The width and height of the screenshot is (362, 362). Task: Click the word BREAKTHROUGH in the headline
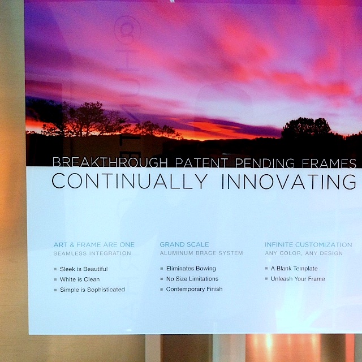[x=110, y=162]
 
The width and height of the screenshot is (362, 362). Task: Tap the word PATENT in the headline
[x=201, y=163]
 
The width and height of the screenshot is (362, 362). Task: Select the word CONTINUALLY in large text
[x=130, y=181]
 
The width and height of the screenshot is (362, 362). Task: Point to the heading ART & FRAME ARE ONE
[x=94, y=245]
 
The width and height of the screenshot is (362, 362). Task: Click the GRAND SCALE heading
[x=184, y=244]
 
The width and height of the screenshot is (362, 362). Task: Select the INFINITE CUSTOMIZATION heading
[x=308, y=245]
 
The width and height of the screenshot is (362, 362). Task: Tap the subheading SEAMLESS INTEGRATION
[x=92, y=253]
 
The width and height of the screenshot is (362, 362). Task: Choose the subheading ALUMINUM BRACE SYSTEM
[x=201, y=253]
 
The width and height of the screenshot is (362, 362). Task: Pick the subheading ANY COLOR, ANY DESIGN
[x=304, y=253]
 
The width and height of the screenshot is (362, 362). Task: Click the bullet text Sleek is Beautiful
[x=84, y=269]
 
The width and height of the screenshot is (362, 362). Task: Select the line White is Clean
[x=80, y=279]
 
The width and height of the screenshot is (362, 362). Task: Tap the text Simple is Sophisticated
[x=92, y=290]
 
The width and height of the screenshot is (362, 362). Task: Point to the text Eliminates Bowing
[x=191, y=269]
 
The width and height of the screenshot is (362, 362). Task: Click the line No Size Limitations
[x=192, y=279]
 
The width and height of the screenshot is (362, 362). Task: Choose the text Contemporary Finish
[x=194, y=289]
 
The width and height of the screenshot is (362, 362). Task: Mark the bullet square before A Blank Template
[x=266, y=268]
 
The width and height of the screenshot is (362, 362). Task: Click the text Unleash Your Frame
[x=298, y=279]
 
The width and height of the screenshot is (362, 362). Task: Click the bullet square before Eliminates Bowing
[x=162, y=269]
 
